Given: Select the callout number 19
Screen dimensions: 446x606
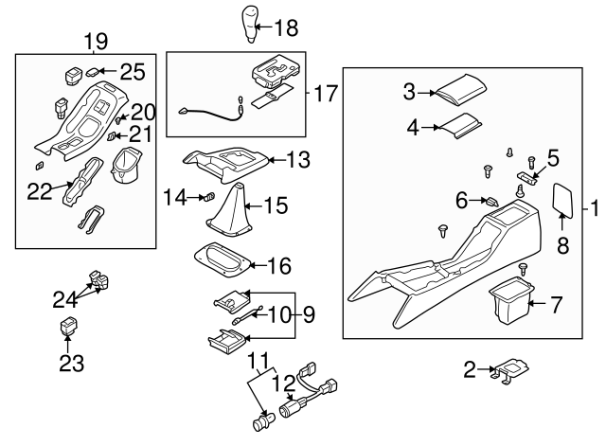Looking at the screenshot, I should tap(96, 41).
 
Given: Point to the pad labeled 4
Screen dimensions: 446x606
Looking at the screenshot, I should tap(464, 126).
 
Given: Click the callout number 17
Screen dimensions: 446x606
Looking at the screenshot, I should tap(326, 93).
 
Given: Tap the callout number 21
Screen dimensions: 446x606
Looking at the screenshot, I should tap(140, 134).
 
